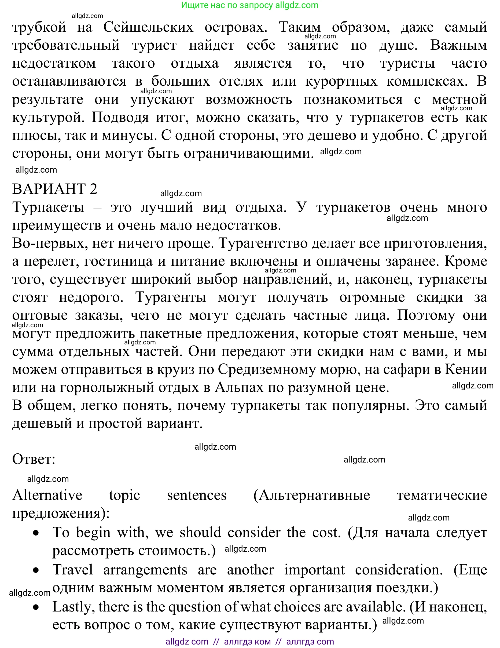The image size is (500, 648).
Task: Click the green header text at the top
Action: (250, 5)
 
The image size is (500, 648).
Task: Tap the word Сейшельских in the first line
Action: (148, 27)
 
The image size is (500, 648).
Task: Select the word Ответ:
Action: (34, 459)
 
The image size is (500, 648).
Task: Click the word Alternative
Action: (47, 495)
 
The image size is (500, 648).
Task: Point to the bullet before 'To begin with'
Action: (36, 533)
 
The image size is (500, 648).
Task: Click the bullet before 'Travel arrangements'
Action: (36, 570)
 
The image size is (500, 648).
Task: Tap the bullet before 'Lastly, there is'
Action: (36, 607)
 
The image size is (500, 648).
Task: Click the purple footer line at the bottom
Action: (250, 642)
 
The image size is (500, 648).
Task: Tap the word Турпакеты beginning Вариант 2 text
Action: (48, 207)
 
